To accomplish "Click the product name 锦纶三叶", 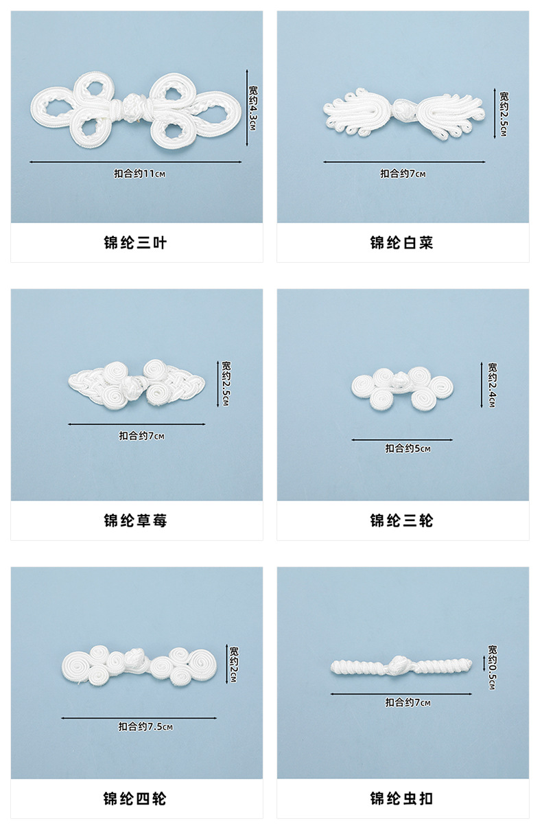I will tap(136, 243).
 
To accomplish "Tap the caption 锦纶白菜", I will tap(402, 243).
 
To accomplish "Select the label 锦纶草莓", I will tap(136, 521).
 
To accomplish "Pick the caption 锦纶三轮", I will tap(402, 521).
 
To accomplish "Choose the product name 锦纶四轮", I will tap(136, 799).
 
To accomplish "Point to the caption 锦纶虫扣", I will tap(402, 799).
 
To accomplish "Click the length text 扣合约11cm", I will tap(140, 174).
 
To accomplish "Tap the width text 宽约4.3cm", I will tap(252, 108).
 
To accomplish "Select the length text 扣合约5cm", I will tap(408, 449).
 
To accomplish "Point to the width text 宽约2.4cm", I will tap(492, 386).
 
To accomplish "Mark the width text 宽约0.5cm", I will tap(492, 667).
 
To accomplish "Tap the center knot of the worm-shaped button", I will tap(399, 665).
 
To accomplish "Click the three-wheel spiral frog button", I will tap(403, 387).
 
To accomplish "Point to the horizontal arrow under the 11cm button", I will tap(136, 162).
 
